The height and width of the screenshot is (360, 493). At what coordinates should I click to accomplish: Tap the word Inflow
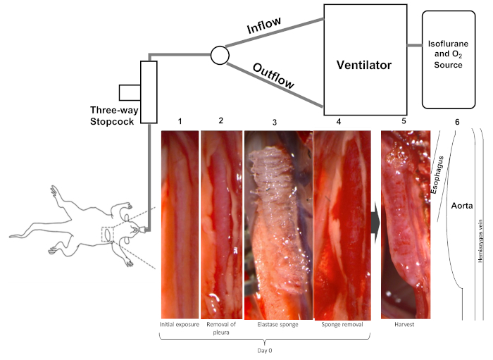pos(264,25)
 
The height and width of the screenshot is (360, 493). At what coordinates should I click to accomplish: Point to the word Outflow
pos(273,76)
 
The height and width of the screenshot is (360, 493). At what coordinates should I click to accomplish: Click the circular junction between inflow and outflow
pos(220,56)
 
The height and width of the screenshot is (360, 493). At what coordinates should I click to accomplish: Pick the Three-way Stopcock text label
pos(114,116)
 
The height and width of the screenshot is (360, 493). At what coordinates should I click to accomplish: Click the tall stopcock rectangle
pos(149,92)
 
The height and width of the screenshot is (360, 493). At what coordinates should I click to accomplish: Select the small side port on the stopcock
pos(130,93)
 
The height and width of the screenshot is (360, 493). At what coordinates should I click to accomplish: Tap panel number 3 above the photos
pos(275,123)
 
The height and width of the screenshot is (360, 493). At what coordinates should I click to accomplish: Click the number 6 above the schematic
pos(457,122)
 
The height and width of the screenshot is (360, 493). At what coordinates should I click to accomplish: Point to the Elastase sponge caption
pos(277,325)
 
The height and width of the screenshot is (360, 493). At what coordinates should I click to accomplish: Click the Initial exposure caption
pos(179,325)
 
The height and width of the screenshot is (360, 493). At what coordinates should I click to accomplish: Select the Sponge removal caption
pos(342,325)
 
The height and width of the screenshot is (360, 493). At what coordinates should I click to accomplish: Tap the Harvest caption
pos(404,325)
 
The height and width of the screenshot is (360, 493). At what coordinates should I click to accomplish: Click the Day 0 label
pos(264,351)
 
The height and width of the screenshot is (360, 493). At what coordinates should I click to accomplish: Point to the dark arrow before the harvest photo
pos(375,223)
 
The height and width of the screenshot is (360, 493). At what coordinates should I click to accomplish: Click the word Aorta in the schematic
pos(462,206)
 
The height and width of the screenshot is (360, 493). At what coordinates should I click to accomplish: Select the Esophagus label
pos(437,175)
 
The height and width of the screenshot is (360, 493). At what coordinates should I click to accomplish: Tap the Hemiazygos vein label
pos(480,241)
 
